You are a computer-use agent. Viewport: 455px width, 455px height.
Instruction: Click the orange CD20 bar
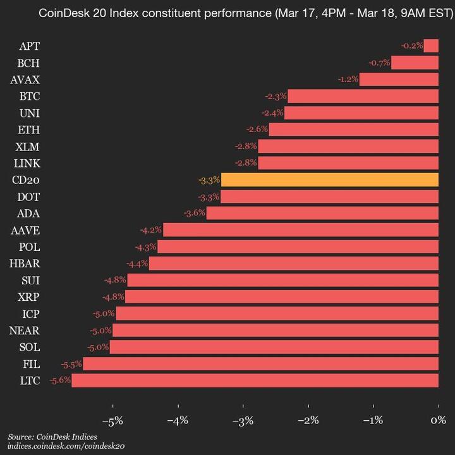click(x=329, y=180)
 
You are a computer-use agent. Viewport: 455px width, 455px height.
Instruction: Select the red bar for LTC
click(x=255, y=380)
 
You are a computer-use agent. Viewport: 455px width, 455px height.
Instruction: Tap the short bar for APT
click(x=431, y=45)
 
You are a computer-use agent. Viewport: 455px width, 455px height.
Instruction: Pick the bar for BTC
click(x=363, y=96)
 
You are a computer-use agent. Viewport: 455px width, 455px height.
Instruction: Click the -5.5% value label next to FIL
click(x=71, y=364)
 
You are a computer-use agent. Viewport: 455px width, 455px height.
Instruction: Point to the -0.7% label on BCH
click(x=379, y=63)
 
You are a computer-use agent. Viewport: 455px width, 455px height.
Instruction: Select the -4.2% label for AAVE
click(x=152, y=230)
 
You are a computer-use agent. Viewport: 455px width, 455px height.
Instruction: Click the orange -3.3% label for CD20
click(x=209, y=180)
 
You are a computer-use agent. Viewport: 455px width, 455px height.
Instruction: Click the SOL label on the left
click(x=29, y=347)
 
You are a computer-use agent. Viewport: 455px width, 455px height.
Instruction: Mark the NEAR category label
click(x=25, y=331)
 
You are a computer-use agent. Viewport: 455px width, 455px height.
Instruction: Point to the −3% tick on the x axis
click(x=243, y=420)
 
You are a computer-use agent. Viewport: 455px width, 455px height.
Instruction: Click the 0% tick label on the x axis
click(x=439, y=420)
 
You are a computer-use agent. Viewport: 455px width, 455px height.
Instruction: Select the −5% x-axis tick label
click(x=112, y=420)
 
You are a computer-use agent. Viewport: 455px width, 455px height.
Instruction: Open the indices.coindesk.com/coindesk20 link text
click(x=66, y=446)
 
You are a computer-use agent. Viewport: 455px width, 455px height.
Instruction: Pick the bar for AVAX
click(x=399, y=80)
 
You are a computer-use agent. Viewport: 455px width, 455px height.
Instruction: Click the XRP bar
click(x=282, y=297)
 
